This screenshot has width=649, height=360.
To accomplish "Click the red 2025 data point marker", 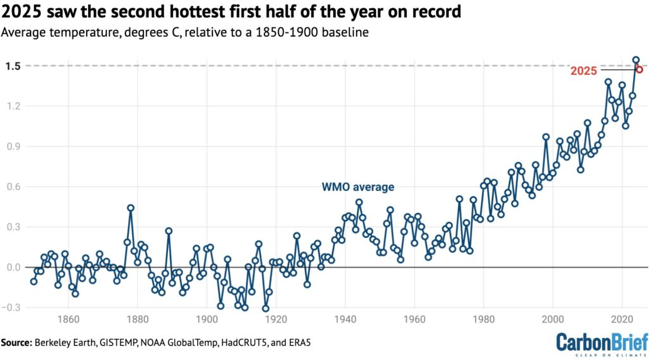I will pyautogui.click(x=639, y=70).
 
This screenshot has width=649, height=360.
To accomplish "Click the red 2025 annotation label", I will pyautogui.click(x=584, y=71).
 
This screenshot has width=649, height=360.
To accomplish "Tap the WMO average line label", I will pyautogui.click(x=358, y=187).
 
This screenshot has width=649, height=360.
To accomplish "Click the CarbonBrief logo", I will pyautogui.click(x=602, y=343).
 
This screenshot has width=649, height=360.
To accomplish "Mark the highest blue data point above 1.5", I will pyautogui.click(x=636, y=60).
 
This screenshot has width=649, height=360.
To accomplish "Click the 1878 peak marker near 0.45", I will pyautogui.click(x=131, y=208).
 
